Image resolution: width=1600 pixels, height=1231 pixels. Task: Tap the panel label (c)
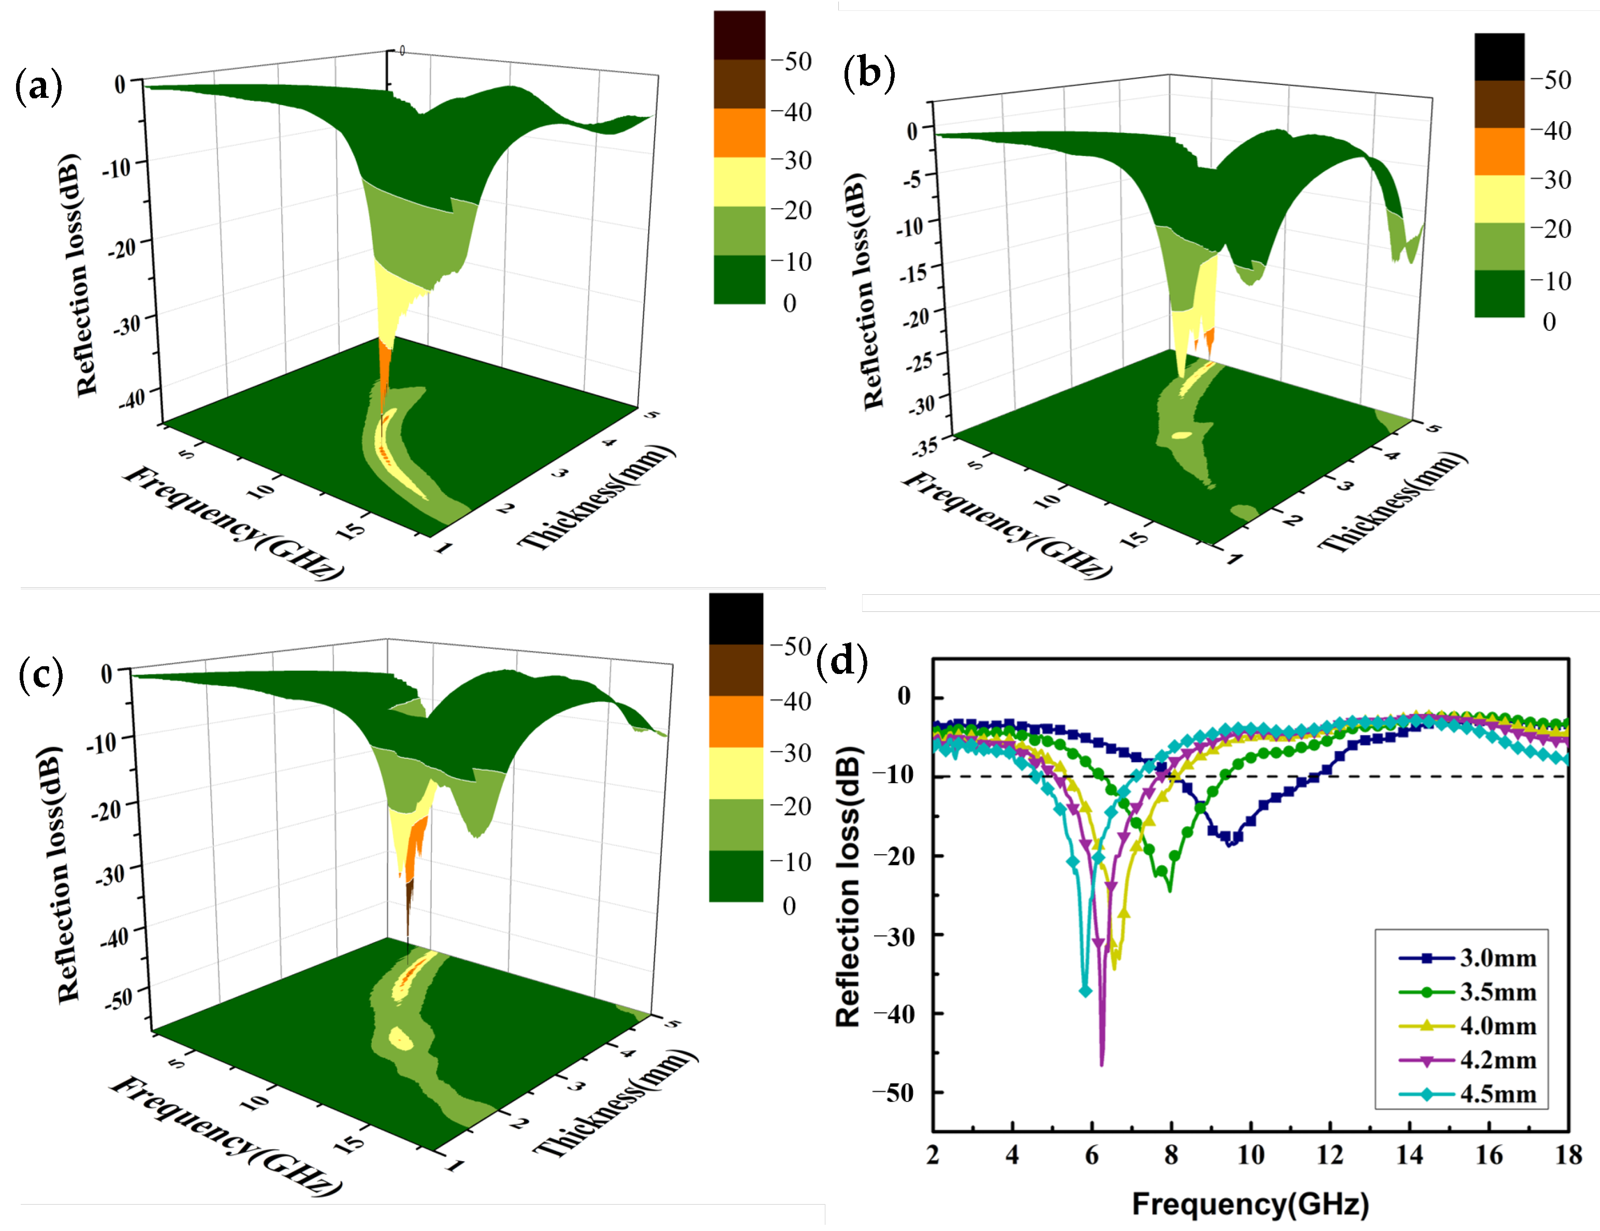(40, 675)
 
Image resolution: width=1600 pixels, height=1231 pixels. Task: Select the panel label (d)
(841, 661)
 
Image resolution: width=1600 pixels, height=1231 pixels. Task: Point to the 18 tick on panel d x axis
(1568, 1155)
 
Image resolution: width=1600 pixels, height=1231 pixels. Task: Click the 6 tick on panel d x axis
(1092, 1155)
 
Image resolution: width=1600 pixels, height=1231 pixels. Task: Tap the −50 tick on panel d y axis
(894, 1093)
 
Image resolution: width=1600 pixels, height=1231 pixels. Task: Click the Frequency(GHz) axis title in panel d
(1250, 1204)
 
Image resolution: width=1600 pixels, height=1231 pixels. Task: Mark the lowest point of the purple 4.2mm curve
(1101, 1063)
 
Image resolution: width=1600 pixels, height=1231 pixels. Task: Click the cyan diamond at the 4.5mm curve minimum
(1085, 991)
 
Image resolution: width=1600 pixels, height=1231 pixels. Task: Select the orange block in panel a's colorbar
(739, 133)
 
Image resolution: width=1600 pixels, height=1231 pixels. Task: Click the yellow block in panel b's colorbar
(1499, 198)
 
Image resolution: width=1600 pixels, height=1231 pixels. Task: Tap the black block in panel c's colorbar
(735, 619)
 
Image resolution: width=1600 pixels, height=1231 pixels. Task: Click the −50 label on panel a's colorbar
(791, 62)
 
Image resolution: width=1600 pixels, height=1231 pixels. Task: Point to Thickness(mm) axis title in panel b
(1392, 502)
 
